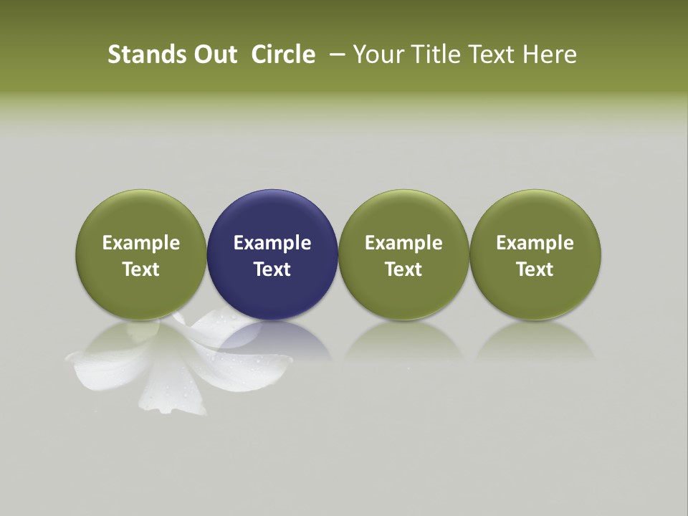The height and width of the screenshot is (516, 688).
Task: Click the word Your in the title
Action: [x=376, y=54]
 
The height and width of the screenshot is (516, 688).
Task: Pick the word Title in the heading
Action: [x=434, y=54]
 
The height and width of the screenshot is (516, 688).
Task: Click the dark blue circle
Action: [x=272, y=215]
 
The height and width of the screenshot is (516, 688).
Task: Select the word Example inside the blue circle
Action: [x=272, y=243]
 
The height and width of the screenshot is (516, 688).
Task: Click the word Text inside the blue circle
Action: [x=272, y=269]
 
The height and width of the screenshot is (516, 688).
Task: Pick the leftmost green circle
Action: [x=141, y=215]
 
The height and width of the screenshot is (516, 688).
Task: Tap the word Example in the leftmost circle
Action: [x=141, y=243]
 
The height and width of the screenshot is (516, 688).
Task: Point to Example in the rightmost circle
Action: [x=535, y=243]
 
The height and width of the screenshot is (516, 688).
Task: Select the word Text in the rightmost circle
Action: [x=535, y=269]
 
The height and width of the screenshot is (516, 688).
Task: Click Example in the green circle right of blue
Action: [x=403, y=243]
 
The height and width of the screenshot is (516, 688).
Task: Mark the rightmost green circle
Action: [x=535, y=215]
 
